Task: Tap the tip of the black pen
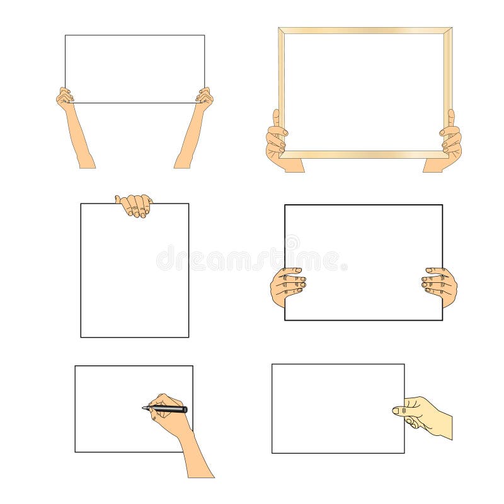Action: (144, 408)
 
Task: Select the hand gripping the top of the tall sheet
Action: (134, 205)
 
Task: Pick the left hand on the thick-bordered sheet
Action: (288, 287)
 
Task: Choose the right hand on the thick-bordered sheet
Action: (440, 285)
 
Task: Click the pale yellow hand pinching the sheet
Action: (419, 415)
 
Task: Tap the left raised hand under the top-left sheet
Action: (64, 99)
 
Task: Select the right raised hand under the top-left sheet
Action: (204, 99)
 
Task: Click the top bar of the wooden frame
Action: (365, 30)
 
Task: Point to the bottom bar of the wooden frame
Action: (365, 154)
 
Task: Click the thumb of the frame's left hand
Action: (276, 119)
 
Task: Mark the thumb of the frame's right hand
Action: (451, 118)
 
